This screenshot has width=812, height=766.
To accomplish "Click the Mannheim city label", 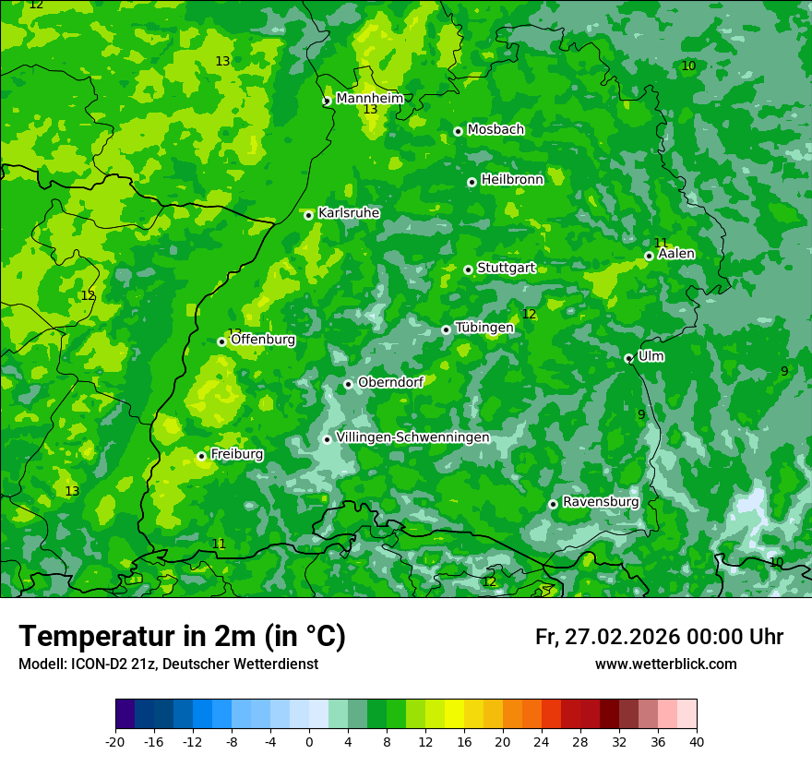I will [x=369, y=99].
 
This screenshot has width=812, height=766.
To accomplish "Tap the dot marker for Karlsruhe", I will [x=309, y=215].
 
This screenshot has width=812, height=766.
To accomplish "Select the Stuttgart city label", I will [x=506, y=268].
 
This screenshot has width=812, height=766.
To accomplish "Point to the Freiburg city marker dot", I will [x=201, y=456].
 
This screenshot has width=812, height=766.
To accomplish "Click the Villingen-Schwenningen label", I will [x=412, y=437].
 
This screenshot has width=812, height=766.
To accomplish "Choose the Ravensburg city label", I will [x=600, y=502].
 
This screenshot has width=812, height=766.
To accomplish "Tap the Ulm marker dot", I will [x=628, y=358].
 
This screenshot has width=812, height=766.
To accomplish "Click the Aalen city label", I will [x=675, y=254].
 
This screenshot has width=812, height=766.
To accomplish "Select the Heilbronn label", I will [x=512, y=180].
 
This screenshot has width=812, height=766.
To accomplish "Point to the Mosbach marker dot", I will [x=458, y=131].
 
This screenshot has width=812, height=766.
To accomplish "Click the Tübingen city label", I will [x=484, y=328].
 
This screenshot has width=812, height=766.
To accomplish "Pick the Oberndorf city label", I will [x=390, y=382].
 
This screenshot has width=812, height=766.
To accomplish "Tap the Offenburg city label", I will [x=263, y=340].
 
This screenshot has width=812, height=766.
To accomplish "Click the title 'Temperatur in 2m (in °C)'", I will [x=182, y=637].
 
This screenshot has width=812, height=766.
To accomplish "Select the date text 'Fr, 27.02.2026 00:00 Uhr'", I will [x=659, y=637].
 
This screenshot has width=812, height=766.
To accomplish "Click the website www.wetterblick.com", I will [x=665, y=664].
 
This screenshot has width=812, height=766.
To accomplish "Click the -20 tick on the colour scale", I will [x=115, y=741].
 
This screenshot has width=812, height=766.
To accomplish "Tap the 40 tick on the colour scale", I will [x=697, y=741].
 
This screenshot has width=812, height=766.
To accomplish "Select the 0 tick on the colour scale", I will [x=309, y=741].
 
